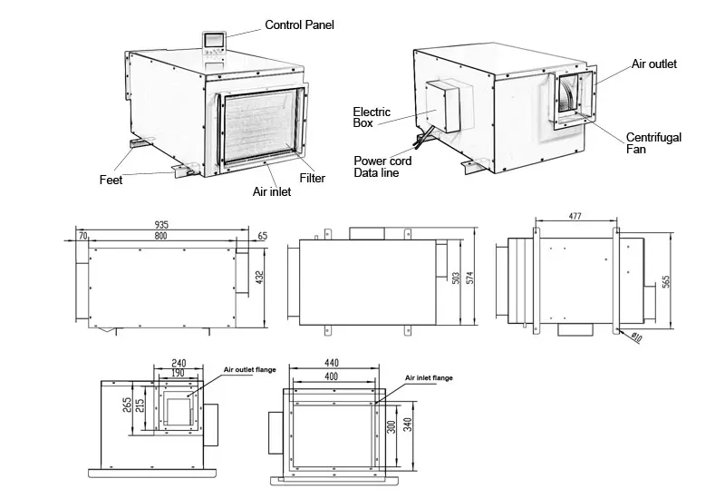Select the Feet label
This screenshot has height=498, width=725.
111,180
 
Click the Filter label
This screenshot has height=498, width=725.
312,179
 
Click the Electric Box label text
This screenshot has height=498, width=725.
372,117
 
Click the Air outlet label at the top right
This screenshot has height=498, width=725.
654,64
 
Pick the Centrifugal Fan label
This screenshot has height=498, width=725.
654,143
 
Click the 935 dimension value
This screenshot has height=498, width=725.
162,225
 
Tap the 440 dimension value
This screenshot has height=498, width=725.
333,361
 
